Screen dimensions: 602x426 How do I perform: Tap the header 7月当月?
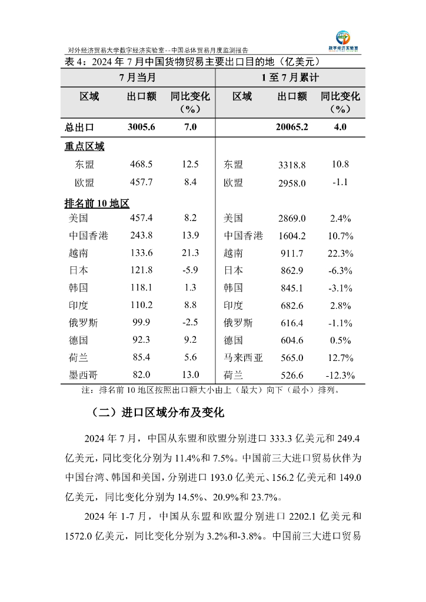coord(138,78)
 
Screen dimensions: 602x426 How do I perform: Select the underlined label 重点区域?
coord(84,146)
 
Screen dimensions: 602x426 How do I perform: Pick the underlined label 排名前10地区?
coord(96,203)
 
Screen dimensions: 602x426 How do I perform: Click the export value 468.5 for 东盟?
coord(141,165)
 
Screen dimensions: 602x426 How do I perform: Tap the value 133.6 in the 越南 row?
coord(141,253)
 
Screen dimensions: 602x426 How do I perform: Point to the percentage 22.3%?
coord(340,253)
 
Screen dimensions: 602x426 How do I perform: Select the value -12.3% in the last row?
coord(340,376)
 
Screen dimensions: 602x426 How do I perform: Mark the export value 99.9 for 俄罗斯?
coord(141,322)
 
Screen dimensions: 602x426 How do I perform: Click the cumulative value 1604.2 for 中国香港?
coord(292,236)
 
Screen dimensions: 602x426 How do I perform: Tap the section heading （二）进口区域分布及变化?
coord(158,412)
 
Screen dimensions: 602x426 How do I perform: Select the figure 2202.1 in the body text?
coord(304,517)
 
